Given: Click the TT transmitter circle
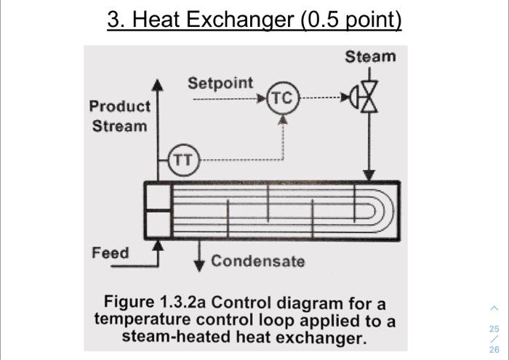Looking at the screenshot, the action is pos(183,159).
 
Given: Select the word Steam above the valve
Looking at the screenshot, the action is pos(370,56).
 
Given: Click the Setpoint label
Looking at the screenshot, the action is pos(220,83).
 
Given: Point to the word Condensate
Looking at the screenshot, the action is pos(258,261).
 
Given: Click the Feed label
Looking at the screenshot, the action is pos(111,253).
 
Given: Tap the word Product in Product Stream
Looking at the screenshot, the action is pos(120,106).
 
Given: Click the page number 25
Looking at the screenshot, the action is pos(494,329).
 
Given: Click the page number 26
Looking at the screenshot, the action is pos(494,349).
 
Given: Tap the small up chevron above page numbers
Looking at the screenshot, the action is pos(494,308).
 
